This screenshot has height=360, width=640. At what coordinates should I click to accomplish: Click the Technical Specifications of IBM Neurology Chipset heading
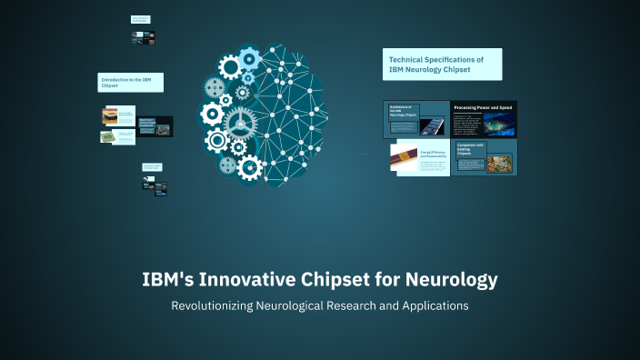442,65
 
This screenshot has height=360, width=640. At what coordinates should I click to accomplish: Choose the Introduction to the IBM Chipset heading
130,83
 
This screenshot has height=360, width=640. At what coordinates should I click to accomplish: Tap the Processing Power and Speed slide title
483,108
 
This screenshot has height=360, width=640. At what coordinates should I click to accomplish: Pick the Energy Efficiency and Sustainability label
433,155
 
